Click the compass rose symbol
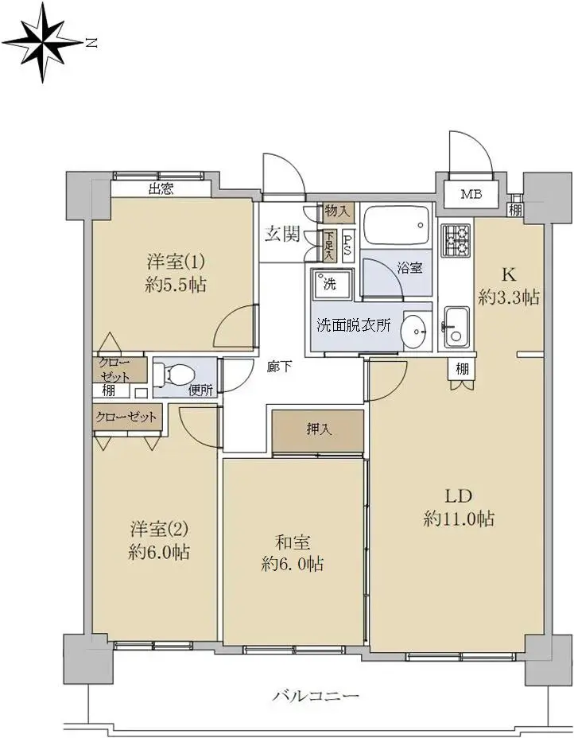click(43, 42)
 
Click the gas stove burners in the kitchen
click(455, 240)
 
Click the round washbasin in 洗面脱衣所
click(415, 331)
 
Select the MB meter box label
click(471, 194)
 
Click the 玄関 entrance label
click(281, 234)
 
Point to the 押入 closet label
click(320, 429)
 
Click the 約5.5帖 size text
click(176, 285)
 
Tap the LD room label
click(458, 495)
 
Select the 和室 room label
click(293, 542)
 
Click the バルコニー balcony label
click(316, 696)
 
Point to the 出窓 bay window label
click(161, 189)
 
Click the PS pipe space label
click(347, 245)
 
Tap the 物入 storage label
click(338, 212)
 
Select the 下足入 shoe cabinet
click(328, 245)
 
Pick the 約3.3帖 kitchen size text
click(509, 297)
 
